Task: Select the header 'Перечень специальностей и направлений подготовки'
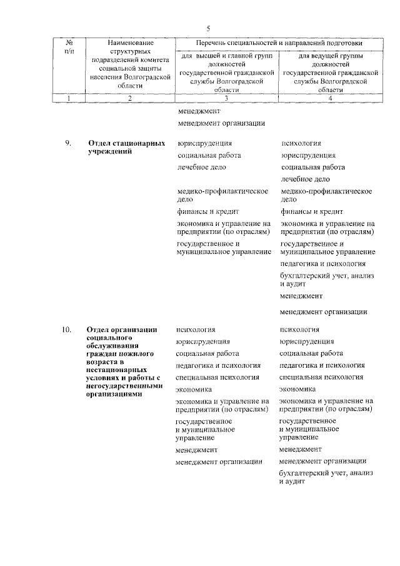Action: coord(279,43)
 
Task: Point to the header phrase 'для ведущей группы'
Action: coord(330,56)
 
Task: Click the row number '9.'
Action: coord(69,143)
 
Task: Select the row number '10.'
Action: coord(67,330)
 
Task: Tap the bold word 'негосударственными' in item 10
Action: coord(124,387)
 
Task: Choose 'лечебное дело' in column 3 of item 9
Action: coord(201,167)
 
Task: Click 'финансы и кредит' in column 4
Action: coord(311,211)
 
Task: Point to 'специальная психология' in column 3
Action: coord(217,377)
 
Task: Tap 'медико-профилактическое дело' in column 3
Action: coord(222,195)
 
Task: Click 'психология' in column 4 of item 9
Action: coord(301,143)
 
